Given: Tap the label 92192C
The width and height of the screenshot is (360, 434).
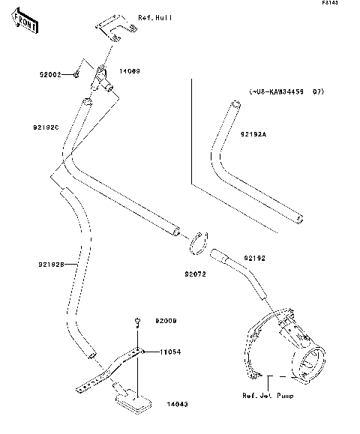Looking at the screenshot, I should [x=46, y=127].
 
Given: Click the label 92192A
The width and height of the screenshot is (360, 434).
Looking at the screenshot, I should [x=253, y=134].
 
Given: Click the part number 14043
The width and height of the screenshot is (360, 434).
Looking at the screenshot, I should [x=176, y=404].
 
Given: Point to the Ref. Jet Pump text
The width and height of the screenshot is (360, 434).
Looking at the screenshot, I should [x=268, y=395].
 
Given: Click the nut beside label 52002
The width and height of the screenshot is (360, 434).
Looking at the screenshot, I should [x=77, y=75].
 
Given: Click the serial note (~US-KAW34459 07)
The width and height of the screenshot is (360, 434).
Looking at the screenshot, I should [x=286, y=92].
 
